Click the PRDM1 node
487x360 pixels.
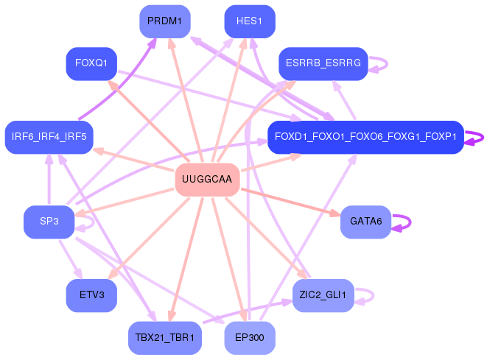coord(165,21)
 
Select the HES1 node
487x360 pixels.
coord(250,21)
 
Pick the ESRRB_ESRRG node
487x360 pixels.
coord(323,64)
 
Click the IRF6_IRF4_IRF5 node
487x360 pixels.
coord(49,137)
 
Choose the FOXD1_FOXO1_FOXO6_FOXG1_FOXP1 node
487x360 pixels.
coord(365,137)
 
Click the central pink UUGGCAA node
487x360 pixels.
coord(207,180)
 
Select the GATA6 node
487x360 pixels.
coord(365,222)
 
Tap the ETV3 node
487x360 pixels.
coord(91,295)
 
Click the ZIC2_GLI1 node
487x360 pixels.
coord(323,295)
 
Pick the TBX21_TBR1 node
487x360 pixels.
coord(164,338)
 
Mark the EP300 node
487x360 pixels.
coord(250,338)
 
